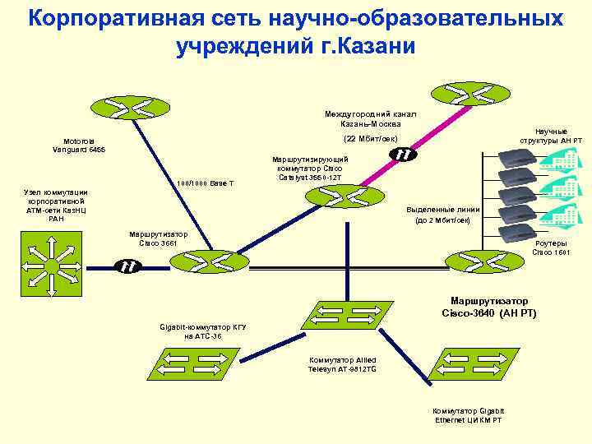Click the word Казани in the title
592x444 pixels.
373,46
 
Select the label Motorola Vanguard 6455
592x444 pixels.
79,145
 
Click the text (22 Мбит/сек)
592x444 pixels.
371,138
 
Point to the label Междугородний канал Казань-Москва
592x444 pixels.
371,118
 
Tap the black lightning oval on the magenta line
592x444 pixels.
403,154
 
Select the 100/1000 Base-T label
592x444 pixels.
206,183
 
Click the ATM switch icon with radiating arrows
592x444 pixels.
52,265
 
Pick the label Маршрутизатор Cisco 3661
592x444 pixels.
159,238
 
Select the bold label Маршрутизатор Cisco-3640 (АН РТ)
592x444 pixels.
488,307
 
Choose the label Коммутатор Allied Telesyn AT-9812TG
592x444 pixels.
342,365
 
